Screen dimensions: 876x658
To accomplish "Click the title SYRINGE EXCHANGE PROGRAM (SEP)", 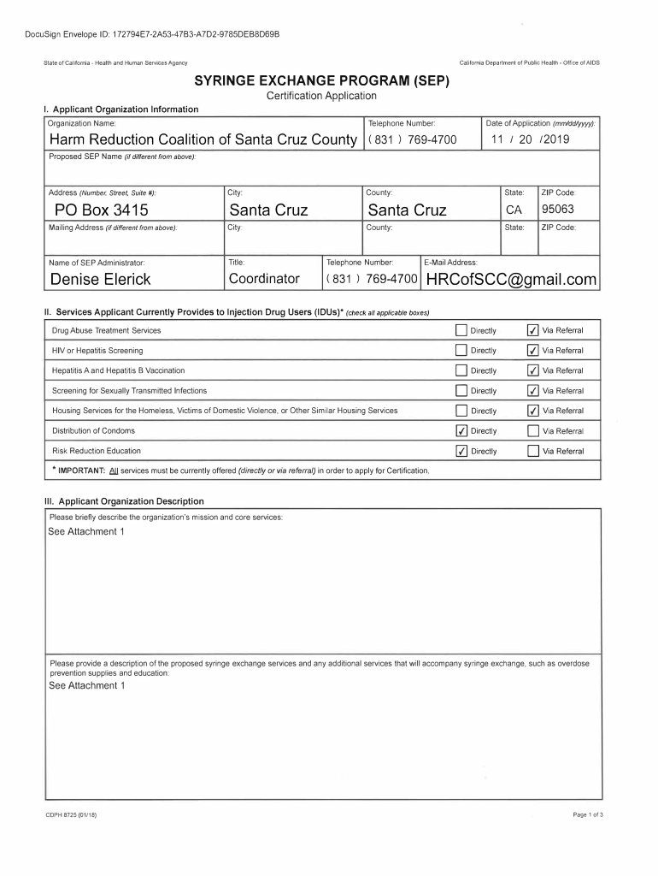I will pyautogui.click(x=321, y=82).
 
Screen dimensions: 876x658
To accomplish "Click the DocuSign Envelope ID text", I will pyautogui.click(x=151, y=33).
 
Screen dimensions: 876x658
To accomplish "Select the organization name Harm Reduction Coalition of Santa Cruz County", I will pyautogui.click(x=203, y=139).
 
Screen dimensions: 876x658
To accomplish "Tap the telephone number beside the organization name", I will pyautogui.click(x=412, y=139).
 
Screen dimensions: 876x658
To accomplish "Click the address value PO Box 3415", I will pyautogui.click(x=102, y=210).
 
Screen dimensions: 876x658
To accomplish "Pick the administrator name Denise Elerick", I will pyautogui.click(x=100, y=280).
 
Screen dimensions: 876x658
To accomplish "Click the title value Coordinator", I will pyautogui.click(x=264, y=280).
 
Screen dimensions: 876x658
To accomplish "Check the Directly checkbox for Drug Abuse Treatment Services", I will pyautogui.click(x=461, y=330).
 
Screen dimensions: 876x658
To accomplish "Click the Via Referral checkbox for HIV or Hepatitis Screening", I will pyautogui.click(x=533, y=351).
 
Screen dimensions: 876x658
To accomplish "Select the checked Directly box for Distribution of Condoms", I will pyautogui.click(x=461, y=431).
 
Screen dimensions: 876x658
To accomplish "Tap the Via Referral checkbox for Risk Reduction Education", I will pyautogui.click(x=533, y=451).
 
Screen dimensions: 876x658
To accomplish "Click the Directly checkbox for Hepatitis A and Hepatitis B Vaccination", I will pyautogui.click(x=461, y=370).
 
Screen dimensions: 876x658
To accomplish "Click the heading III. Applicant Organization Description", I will pyautogui.click(x=124, y=501).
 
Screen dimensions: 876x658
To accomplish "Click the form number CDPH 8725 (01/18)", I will pyautogui.click(x=71, y=814).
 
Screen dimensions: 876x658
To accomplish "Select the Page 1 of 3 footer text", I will pyautogui.click(x=588, y=814).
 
